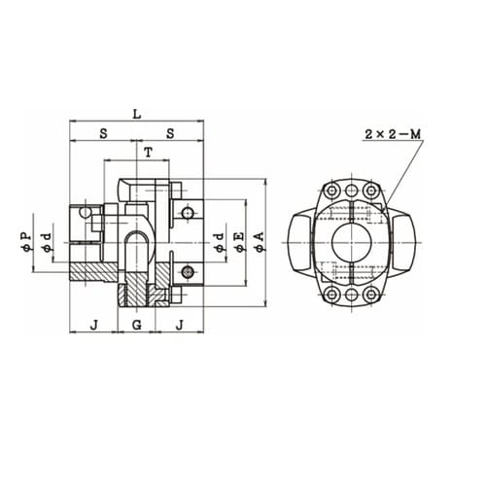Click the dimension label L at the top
137,114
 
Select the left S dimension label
103,133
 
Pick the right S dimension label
170,133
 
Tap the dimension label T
149,153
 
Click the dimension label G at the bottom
137,325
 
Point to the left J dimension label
94,325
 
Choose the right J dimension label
180,325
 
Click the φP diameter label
26,242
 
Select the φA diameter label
260,242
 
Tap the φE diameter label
238,242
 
